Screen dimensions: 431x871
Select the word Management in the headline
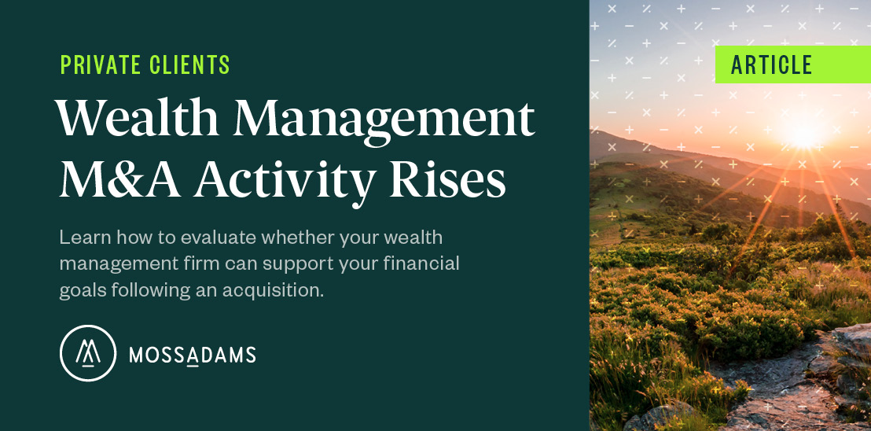tap(384, 120)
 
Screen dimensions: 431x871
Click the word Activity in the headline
tap(283, 181)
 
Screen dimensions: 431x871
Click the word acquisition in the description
tap(274, 290)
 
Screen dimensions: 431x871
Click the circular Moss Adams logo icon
tap(88, 353)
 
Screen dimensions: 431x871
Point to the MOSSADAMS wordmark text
tap(193, 355)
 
